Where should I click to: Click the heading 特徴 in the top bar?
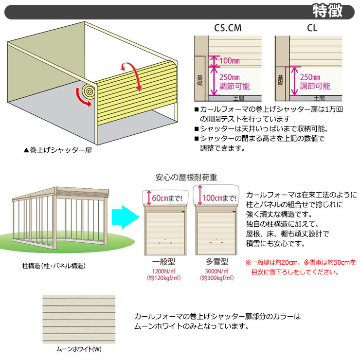(326, 11)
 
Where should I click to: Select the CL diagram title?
(312, 28)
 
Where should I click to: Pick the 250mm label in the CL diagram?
(310, 77)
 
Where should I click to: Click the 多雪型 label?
(216, 261)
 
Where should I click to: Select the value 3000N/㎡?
(216, 270)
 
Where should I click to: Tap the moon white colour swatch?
(79, 319)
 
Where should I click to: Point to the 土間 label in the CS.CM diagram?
(239, 98)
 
